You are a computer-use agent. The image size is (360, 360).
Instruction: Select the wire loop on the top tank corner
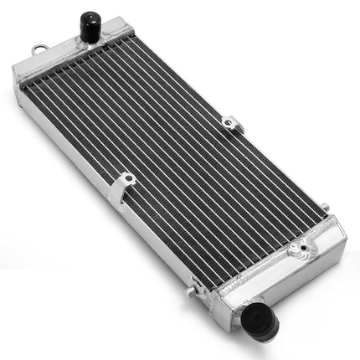(x=38, y=50)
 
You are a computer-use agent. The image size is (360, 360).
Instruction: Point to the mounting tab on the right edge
(x=233, y=125)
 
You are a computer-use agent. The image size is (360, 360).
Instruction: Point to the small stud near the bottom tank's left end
(x=191, y=291)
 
